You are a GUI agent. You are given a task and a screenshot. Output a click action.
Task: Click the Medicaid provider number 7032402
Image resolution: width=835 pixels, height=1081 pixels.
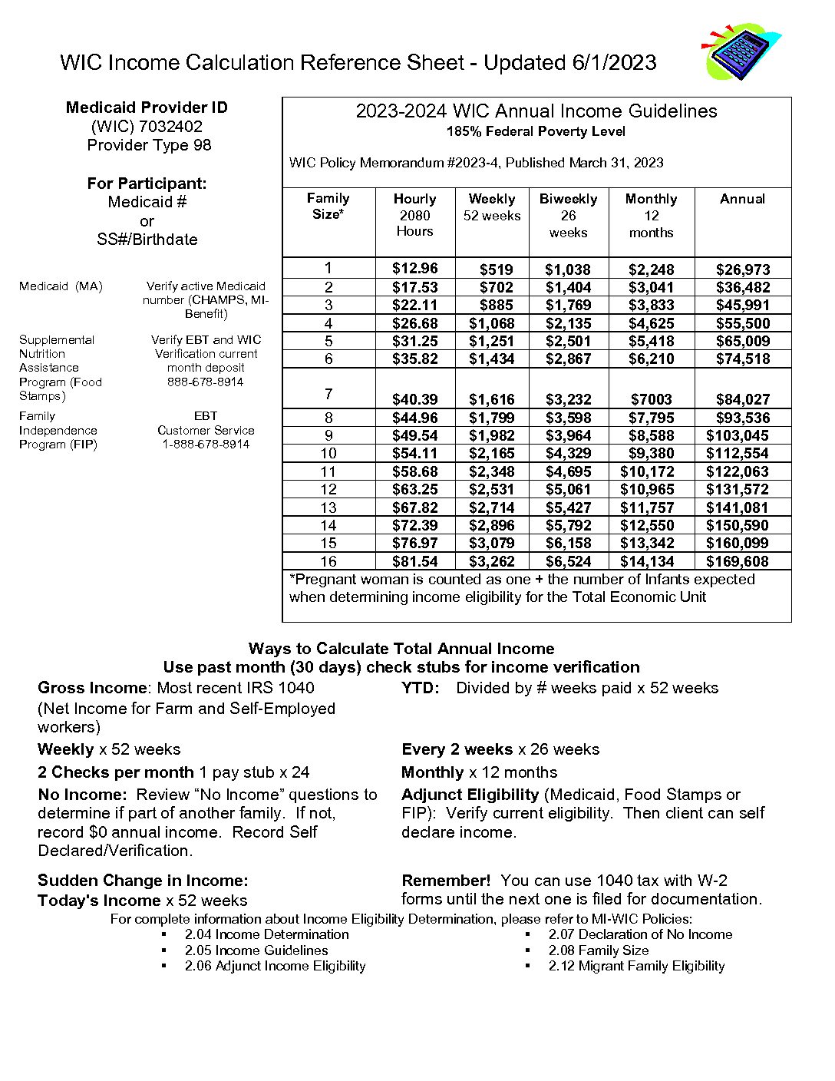point(170,127)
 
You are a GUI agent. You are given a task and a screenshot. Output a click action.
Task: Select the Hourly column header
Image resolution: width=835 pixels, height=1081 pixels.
point(414,200)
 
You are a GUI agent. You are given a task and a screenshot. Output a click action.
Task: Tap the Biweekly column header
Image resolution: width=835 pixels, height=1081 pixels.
point(568,200)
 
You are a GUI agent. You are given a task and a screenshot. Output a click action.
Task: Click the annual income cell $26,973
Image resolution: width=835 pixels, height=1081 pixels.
point(742,269)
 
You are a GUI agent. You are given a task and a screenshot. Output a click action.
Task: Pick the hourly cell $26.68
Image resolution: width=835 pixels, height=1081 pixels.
point(414,323)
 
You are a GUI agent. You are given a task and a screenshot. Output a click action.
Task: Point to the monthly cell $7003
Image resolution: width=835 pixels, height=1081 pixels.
point(651,399)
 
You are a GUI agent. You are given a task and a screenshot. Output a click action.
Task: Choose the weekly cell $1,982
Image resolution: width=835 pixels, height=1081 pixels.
point(491,435)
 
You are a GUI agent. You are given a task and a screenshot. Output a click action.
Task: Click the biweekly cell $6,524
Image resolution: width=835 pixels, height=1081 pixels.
point(568,561)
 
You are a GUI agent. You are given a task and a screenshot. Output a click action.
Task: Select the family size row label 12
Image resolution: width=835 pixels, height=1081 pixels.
point(328,489)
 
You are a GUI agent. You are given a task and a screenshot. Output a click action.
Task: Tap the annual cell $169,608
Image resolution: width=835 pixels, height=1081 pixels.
point(737,561)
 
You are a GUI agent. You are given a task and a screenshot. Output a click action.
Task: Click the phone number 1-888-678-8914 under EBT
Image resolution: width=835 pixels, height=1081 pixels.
point(205,445)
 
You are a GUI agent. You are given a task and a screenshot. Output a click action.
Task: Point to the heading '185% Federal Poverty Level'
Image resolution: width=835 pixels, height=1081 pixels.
point(536,131)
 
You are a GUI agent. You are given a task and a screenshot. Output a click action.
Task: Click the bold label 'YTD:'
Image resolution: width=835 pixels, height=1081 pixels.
point(421,688)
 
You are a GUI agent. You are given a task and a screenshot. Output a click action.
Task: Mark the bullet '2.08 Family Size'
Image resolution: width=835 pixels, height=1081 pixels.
point(598,950)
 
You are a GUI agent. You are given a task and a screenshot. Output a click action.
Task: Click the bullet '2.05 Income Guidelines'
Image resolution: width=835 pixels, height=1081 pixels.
point(256,950)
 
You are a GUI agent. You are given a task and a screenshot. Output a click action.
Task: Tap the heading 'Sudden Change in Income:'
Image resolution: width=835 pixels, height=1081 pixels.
point(143,881)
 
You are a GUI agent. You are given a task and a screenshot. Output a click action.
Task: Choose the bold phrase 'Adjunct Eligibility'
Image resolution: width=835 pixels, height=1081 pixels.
point(470,795)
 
